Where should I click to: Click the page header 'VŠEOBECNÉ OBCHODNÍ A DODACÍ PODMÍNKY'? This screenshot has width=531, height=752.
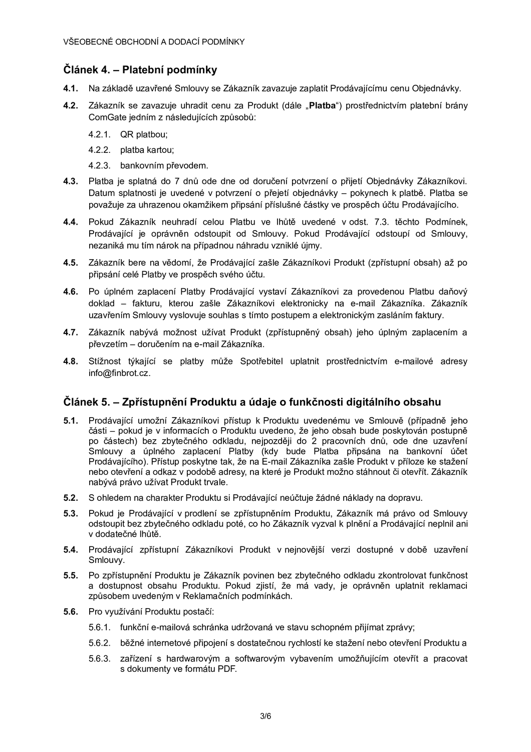(x=154, y=42)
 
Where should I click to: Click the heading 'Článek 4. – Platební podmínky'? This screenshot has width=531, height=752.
(x=140, y=69)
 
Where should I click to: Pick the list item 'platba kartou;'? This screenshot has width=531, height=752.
(x=147, y=150)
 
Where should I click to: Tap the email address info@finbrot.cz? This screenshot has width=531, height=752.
(x=119, y=373)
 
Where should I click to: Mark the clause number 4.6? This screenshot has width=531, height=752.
(x=71, y=292)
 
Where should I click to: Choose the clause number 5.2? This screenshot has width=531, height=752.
(x=71, y=498)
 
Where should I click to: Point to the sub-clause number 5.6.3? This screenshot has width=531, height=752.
(x=99, y=658)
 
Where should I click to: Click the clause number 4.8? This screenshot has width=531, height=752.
(x=71, y=361)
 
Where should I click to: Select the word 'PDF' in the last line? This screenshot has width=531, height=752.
(x=226, y=669)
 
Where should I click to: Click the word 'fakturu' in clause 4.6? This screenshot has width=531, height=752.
(x=147, y=303)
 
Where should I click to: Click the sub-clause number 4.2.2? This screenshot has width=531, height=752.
(x=99, y=150)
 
